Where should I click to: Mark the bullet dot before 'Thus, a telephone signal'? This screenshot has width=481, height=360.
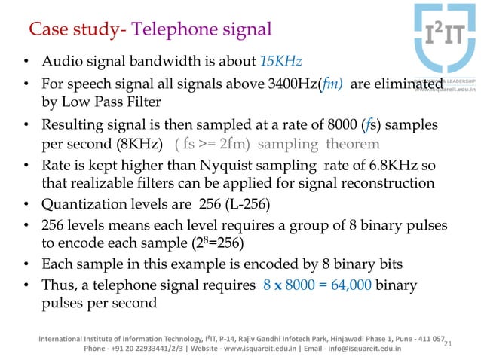26,285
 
